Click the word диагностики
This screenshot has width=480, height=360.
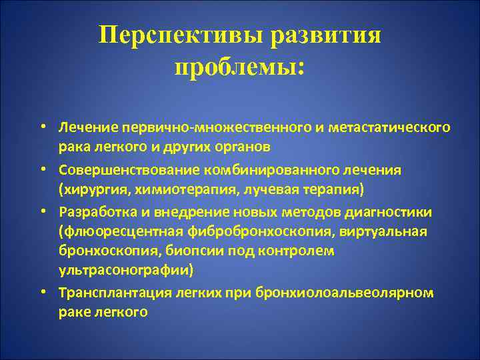(x=386, y=212)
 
